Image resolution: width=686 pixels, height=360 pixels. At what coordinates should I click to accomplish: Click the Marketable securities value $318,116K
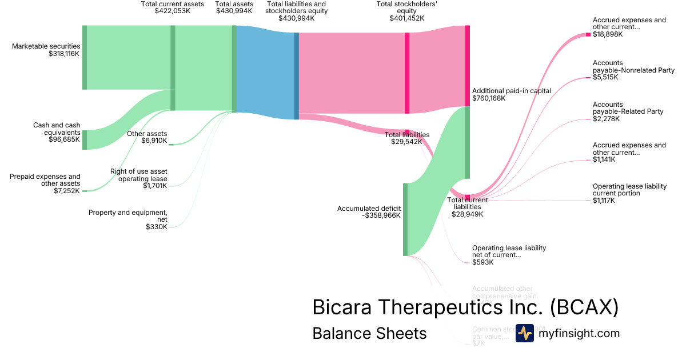tap(64, 54)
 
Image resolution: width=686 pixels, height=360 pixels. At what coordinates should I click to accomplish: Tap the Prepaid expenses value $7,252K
tap(67, 191)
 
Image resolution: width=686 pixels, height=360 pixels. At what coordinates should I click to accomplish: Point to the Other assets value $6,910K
tap(154, 141)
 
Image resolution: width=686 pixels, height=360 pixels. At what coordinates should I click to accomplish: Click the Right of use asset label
tap(139, 175)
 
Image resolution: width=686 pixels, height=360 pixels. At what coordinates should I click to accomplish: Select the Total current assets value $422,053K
tap(172, 11)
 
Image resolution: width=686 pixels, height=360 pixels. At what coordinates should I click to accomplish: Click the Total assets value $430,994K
tap(234, 11)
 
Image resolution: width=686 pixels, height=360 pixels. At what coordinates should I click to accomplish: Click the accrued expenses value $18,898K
tap(608, 34)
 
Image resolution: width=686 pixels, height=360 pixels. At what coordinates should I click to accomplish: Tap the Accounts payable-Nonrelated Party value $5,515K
tap(605, 77)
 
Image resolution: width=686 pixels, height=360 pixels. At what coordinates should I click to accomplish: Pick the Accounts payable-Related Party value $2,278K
tap(605, 119)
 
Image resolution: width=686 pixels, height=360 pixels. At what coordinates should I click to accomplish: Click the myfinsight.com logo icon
tap(525, 333)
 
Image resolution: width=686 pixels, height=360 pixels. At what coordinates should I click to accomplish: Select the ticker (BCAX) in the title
tap(584, 307)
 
